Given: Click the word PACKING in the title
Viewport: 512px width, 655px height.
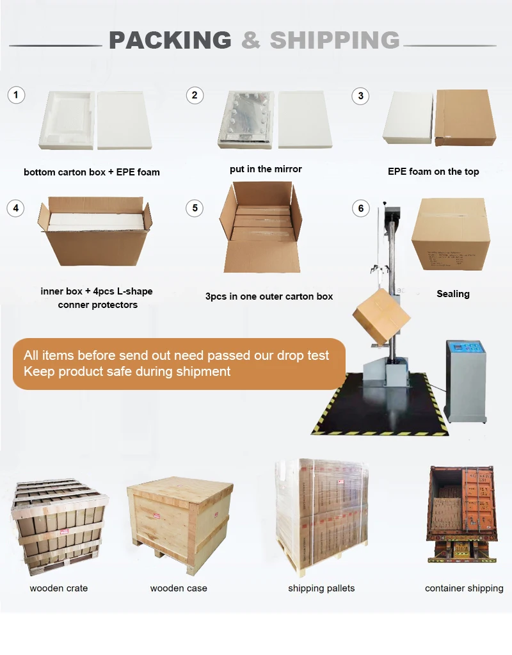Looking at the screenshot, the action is tap(170, 40).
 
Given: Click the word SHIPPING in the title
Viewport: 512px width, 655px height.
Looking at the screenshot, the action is tap(335, 40).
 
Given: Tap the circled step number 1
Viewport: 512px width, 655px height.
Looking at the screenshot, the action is tap(16, 96).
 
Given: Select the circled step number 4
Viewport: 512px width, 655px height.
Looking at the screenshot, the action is tap(16, 208).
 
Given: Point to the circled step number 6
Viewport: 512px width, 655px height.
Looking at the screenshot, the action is tap(361, 208).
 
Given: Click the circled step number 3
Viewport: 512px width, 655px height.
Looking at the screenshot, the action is tap(361, 96).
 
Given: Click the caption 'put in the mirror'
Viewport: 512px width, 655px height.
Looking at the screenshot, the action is tap(266, 169).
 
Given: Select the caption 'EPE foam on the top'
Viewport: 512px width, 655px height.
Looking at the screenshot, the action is tap(433, 171).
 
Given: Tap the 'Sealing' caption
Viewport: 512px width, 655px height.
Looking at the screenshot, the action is tap(453, 294).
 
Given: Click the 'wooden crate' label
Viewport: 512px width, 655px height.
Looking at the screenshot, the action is tap(59, 588).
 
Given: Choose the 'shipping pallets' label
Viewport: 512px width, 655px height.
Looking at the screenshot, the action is tap(321, 588).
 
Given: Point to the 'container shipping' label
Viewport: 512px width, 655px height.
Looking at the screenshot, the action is tap(464, 588).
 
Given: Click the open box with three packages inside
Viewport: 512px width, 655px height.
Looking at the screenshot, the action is tap(260, 227).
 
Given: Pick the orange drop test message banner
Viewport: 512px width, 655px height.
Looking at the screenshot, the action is tap(179, 364).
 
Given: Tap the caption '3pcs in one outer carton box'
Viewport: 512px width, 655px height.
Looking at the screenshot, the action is tap(269, 296).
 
